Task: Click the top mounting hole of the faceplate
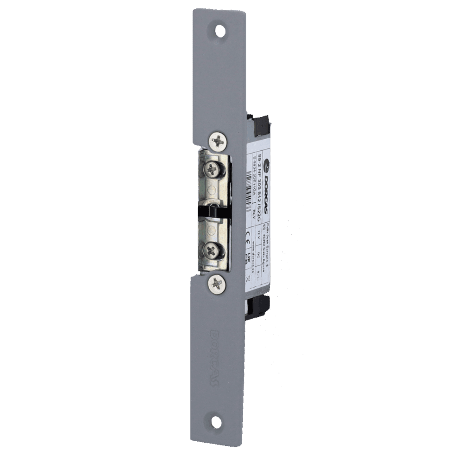click(x=219, y=31)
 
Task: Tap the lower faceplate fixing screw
click(x=217, y=283)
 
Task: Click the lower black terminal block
click(x=258, y=306)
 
